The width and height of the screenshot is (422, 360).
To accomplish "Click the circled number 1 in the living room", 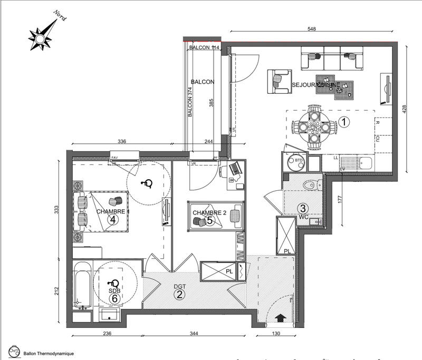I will pyautogui.click(x=343, y=122).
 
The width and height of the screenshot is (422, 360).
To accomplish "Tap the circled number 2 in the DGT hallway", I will pyautogui.click(x=180, y=295).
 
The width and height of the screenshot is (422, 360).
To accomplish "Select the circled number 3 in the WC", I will pyautogui.click(x=304, y=208).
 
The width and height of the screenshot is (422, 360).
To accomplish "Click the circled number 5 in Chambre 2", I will pyautogui.click(x=209, y=221).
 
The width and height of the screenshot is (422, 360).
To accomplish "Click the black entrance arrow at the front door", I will pyautogui.click(x=279, y=317).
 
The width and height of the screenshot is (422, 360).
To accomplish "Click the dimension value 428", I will pyautogui.click(x=405, y=109).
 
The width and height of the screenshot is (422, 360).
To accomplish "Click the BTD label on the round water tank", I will pyautogui.click(x=299, y=161).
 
